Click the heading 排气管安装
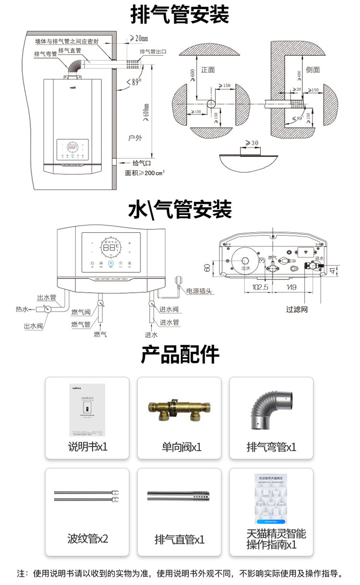(x=180, y=15)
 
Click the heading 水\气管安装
(x=180, y=209)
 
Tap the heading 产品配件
(x=180, y=355)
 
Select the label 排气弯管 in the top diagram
(x=46, y=55)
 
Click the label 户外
(x=135, y=138)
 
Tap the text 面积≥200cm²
(x=144, y=173)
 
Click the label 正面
(x=208, y=70)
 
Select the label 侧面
(x=312, y=70)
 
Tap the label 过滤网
(x=297, y=310)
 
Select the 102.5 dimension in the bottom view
(x=259, y=287)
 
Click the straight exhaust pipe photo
(x=179, y=496)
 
